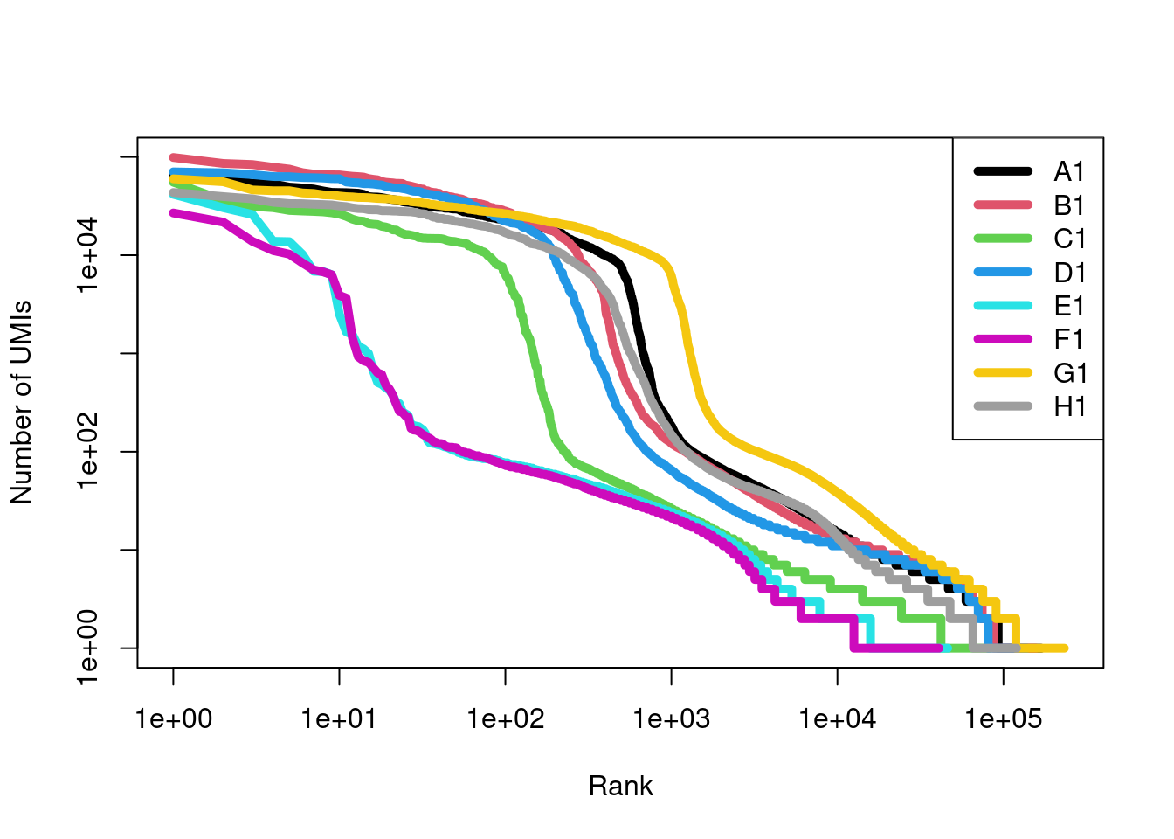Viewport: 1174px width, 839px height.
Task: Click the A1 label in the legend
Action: (x=1069, y=171)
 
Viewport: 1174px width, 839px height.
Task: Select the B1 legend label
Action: (x=1069, y=205)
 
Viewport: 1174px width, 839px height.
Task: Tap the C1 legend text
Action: (x=1069, y=239)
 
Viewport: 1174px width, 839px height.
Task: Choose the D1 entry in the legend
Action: (x=1069, y=273)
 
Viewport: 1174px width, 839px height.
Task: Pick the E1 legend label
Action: (x=1069, y=306)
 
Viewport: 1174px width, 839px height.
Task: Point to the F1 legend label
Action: (x=1069, y=339)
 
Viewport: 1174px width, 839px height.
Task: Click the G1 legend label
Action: (x=1070, y=373)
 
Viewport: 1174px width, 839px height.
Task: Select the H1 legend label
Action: (x=1069, y=406)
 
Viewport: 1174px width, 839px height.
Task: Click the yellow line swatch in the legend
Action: (x=1003, y=373)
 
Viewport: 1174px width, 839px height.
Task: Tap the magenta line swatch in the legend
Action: (x=1003, y=339)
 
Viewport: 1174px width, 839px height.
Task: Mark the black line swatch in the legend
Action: (x=1003, y=171)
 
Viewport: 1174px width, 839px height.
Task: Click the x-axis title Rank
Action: (x=620, y=786)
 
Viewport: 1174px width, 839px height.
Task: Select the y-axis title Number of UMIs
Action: (x=21, y=402)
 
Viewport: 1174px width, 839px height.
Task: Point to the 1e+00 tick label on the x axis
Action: (x=173, y=719)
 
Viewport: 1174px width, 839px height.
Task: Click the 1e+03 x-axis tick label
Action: (x=671, y=719)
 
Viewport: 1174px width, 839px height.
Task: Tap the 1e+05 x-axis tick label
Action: (x=1003, y=719)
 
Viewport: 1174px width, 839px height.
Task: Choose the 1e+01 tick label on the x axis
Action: (x=339, y=719)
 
